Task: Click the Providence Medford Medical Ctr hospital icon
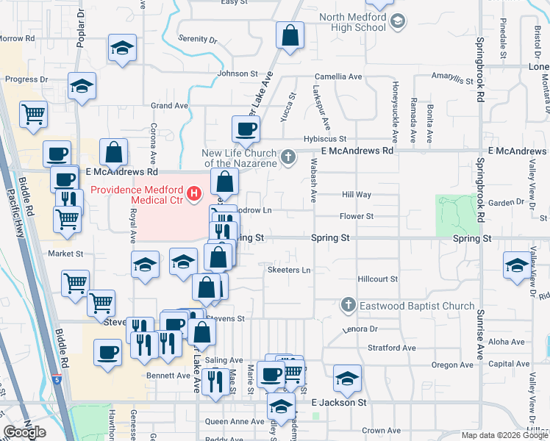pyautogui.click(x=194, y=194)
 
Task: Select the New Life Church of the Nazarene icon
pyautogui.click(x=289, y=156)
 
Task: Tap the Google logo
pyautogui.click(x=24, y=432)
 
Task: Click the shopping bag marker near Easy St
pyautogui.click(x=290, y=35)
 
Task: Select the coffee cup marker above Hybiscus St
pyautogui.click(x=246, y=129)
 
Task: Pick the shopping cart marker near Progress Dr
pyautogui.click(x=33, y=115)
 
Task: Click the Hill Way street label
pyautogui.click(x=357, y=195)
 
